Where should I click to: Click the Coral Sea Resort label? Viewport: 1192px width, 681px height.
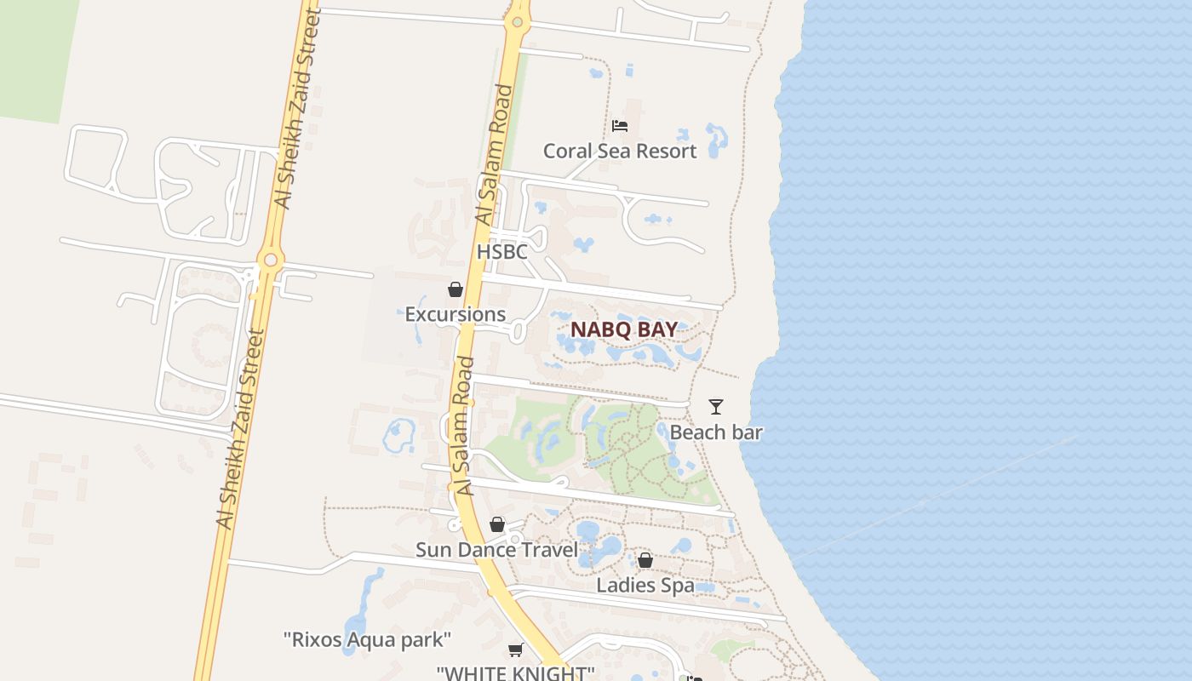coord(620,152)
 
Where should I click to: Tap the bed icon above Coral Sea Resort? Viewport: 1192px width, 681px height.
coord(620,126)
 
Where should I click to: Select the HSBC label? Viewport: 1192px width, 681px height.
coord(501,252)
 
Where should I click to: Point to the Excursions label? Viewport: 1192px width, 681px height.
coord(455,314)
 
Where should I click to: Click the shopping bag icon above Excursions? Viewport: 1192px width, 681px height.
coord(456,289)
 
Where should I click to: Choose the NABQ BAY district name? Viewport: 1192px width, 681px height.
coord(624,329)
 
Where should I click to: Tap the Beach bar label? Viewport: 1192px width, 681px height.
coord(716,432)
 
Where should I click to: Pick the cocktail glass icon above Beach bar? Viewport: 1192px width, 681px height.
coord(716,407)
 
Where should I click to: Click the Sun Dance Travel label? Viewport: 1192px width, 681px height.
coord(496,550)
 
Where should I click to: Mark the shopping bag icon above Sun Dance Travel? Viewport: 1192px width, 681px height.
coord(497,524)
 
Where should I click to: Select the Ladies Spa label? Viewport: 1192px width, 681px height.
coord(645,586)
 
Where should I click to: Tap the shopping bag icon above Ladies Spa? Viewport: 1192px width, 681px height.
coord(645,560)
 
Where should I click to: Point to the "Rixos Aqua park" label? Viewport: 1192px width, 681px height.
coord(367,639)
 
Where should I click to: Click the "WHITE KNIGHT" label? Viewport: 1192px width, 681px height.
coord(515,672)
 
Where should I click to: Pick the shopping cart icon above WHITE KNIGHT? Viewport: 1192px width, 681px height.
coord(515,650)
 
